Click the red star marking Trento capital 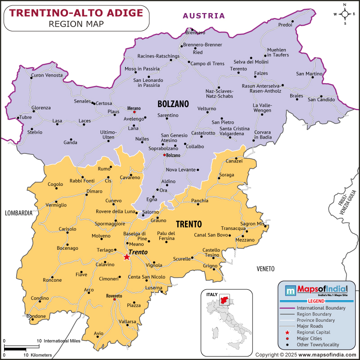pyautogui.click(x=126, y=257)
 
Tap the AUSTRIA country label pyautogui.click(x=203, y=16)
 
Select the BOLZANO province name pyautogui.click(x=173, y=104)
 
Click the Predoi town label pyautogui.click(x=285, y=25)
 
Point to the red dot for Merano pyautogui.click(x=134, y=112)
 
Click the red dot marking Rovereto pyautogui.click(x=114, y=299)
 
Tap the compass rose pyautogui.click(x=345, y=13)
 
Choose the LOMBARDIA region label pyautogui.click(x=18, y=212)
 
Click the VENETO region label pyautogui.click(x=265, y=269)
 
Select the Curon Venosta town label pyautogui.click(x=47, y=75)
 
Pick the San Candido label pyautogui.click(x=321, y=99)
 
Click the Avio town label pyautogui.click(x=99, y=333)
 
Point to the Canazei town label pyautogui.click(x=234, y=161)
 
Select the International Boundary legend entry pyautogui.click(x=321, y=308)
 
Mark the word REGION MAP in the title pyautogui.click(x=76, y=23)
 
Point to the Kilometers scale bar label pyautogui.click(x=38, y=355)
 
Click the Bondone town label pyautogui.click(x=36, y=316)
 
